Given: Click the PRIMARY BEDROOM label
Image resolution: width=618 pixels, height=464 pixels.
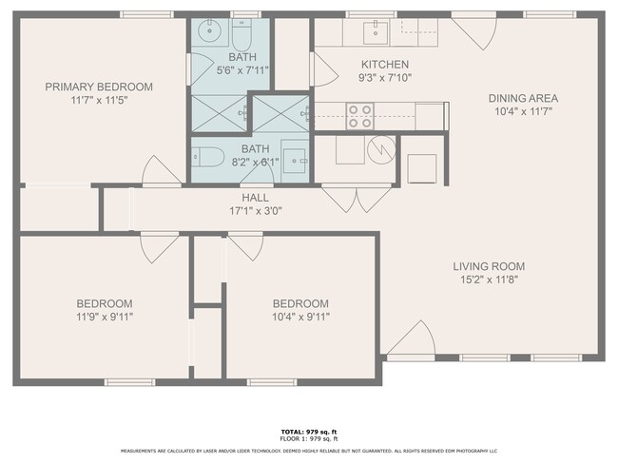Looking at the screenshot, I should [x=99, y=87].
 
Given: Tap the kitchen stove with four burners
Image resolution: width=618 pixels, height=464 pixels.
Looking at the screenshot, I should [x=360, y=116].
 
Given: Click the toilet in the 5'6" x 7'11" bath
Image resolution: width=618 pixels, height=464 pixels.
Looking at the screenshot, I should [x=240, y=35].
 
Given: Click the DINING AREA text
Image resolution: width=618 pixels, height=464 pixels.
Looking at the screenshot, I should [x=523, y=98].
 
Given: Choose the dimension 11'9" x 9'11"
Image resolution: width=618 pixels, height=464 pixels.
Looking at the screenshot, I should [x=105, y=317].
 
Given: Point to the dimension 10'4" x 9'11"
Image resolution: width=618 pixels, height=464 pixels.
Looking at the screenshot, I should [x=300, y=317].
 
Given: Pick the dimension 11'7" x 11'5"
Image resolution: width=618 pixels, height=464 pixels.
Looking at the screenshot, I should [x=99, y=100].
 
